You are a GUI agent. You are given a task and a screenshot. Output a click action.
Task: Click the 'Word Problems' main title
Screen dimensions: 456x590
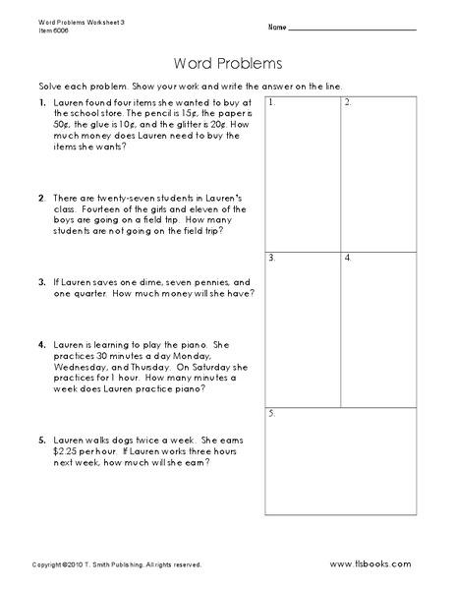227,64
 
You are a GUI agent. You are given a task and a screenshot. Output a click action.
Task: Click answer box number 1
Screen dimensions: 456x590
301,172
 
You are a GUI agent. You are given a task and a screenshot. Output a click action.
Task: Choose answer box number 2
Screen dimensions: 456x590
377,172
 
